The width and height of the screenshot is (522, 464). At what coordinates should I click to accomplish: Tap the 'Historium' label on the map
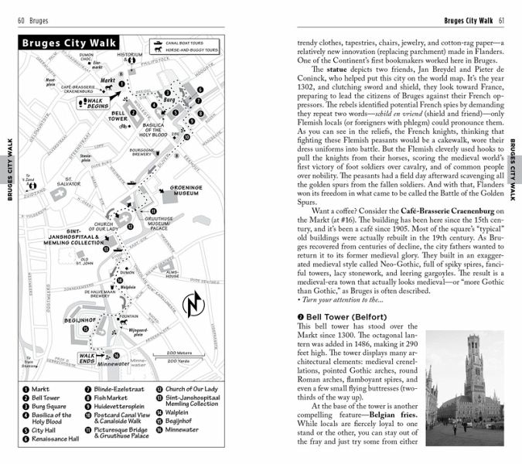click(x=130, y=55)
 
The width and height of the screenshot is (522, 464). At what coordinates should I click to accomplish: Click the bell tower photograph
click(x=464, y=387)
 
